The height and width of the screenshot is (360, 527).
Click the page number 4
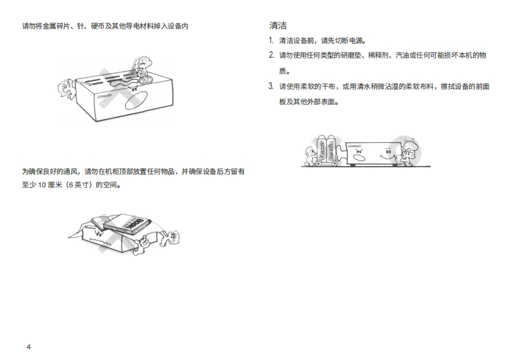tap(29, 347)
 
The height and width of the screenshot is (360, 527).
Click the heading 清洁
tap(278, 25)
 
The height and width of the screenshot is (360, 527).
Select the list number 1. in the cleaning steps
tap(271, 41)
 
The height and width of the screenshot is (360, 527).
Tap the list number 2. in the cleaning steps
tap(272, 55)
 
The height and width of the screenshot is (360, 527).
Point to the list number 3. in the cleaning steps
tap(271, 86)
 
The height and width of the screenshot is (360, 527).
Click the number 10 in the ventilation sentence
tap(42, 185)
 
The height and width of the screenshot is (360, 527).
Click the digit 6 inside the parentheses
tap(70, 185)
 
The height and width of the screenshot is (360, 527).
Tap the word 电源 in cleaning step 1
tap(356, 41)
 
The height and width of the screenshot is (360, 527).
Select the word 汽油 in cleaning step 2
tap(402, 55)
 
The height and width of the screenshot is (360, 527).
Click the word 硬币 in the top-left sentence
tap(98, 26)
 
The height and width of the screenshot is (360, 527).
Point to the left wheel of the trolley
tap(318, 163)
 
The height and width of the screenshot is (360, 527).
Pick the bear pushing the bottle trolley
tap(310, 155)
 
